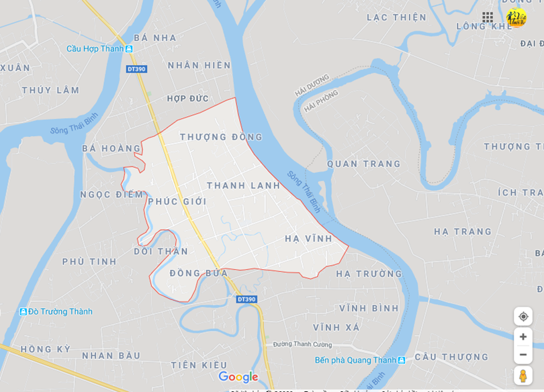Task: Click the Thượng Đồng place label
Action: pyautogui.click(x=221, y=137)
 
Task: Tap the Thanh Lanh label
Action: pyautogui.click(x=243, y=185)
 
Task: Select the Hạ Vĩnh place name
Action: pyautogui.click(x=308, y=238)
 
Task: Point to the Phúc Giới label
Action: pyautogui.click(x=177, y=201)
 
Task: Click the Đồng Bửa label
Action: pyautogui.click(x=199, y=273)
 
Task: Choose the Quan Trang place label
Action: pyautogui.click(x=363, y=164)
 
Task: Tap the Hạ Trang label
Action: pyautogui.click(x=463, y=232)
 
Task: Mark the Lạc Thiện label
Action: pyautogui.click(x=396, y=17)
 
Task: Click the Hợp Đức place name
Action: pyautogui.click(x=188, y=99)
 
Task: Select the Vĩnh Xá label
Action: pyautogui.click(x=336, y=328)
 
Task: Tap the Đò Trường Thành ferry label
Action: pyautogui.click(x=60, y=311)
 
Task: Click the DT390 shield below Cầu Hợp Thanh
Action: pyautogui.click(x=136, y=69)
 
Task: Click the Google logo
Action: pyautogui.click(x=238, y=377)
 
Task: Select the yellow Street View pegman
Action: pyautogui.click(x=523, y=375)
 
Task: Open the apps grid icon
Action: pyautogui.click(x=488, y=17)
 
